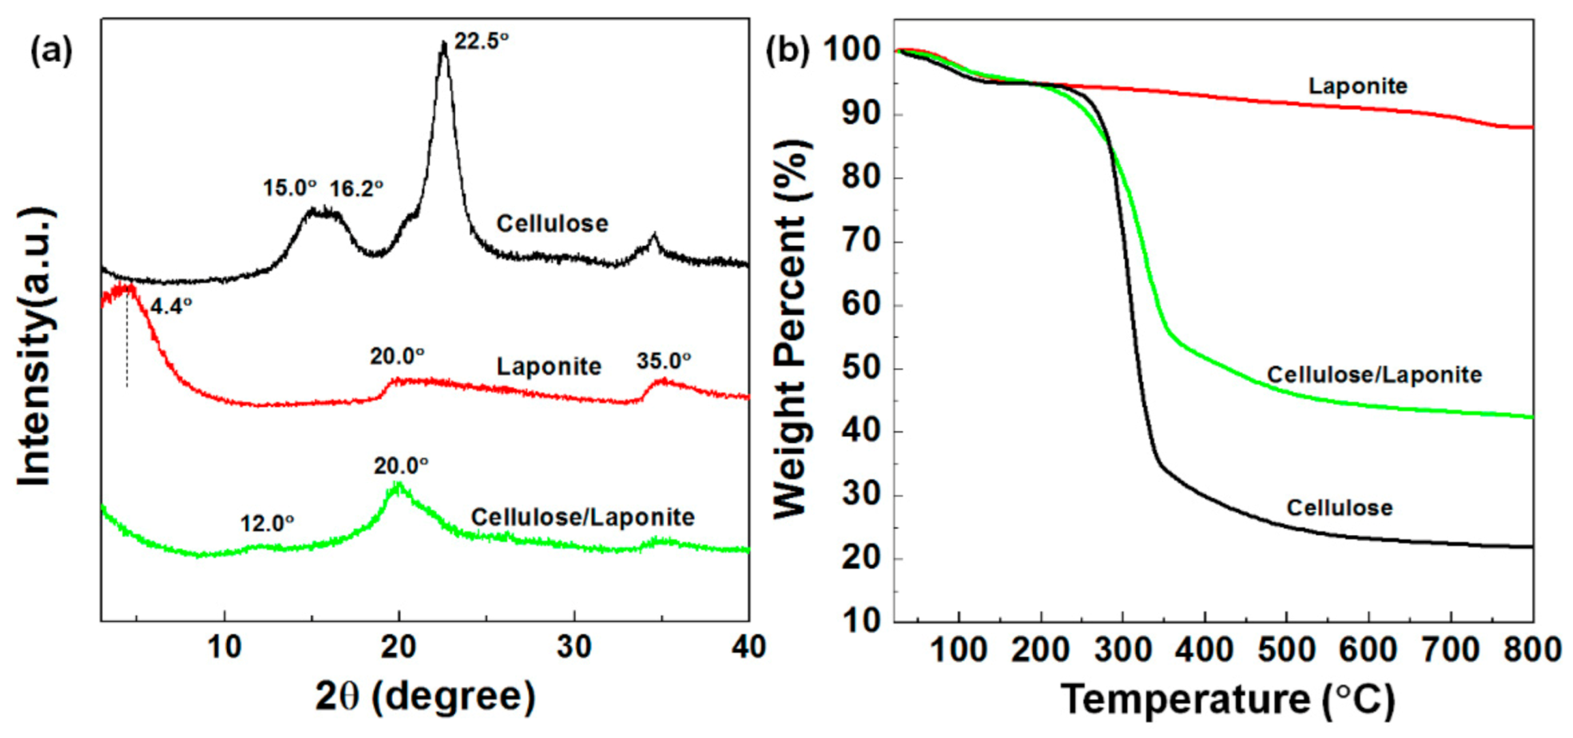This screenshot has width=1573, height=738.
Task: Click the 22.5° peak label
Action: tap(481, 42)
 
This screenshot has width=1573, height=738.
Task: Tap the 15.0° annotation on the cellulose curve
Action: tap(290, 188)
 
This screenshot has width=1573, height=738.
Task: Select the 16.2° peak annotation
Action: tap(356, 189)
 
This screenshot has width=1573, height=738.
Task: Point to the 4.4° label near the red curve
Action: tap(170, 307)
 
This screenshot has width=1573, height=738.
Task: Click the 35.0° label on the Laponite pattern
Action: tap(663, 361)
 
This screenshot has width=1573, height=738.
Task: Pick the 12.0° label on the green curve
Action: tap(267, 523)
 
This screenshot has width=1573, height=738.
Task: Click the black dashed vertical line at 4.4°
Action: tap(127, 341)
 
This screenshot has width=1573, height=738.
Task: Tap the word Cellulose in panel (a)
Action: tap(552, 224)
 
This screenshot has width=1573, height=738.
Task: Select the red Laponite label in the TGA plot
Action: tap(1357, 87)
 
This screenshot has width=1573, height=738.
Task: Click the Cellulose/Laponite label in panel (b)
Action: tap(1373, 375)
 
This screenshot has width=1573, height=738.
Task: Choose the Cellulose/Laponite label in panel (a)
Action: tap(582, 517)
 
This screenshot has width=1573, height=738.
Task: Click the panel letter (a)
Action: tap(51, 51)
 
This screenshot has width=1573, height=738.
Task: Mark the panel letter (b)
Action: tap(788, 51)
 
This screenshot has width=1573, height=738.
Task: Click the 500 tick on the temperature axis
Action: tap(1286, 649)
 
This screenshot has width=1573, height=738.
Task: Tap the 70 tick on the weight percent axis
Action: tap(860, 241)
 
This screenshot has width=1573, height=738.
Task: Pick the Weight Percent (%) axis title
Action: tap(792, 330)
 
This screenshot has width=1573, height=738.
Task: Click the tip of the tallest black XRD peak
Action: tap(444, 43)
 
